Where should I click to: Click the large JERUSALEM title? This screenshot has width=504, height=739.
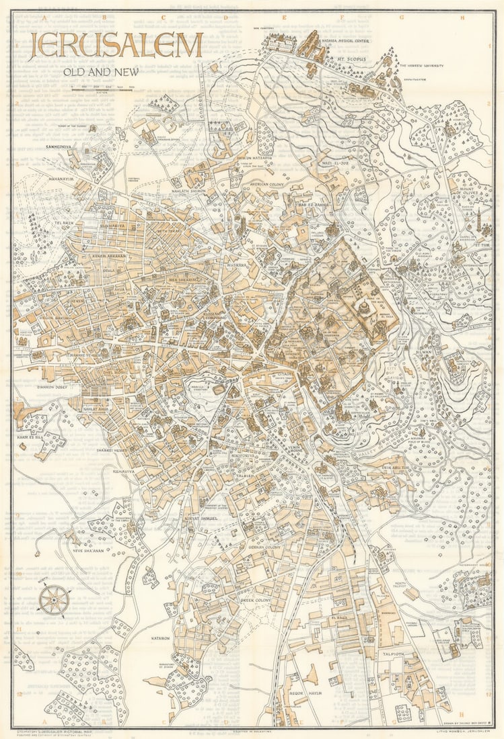coord(115,45)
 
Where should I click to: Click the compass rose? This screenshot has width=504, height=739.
coord(54,599)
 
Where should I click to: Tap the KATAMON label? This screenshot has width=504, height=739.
coord(160,638)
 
